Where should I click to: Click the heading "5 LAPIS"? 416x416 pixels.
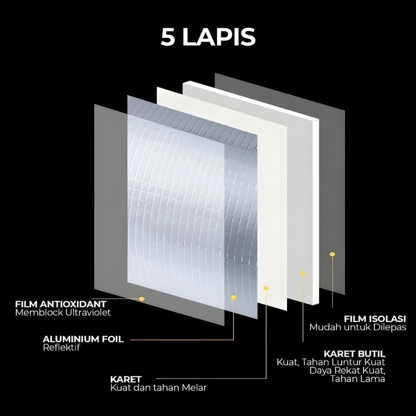(x=207, y=38)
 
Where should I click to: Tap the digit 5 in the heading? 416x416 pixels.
(x=168, y=38)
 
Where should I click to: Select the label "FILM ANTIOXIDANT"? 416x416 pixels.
(x=61, y=304)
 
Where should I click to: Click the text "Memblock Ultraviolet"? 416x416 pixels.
(x=63, y=313)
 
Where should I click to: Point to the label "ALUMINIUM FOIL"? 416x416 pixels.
(x=83, y=339)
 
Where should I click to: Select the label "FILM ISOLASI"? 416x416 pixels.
(x=372, y=318)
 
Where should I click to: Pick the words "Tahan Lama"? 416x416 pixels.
(x=357, y=379)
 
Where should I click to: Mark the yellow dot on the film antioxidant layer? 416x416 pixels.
(x=141, y=298)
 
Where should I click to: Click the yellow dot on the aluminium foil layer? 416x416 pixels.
(x=234, y=297)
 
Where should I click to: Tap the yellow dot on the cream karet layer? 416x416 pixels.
(x=266, y=288)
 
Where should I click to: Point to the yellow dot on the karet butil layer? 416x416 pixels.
(x=303, y=272)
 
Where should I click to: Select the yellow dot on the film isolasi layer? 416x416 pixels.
(x=332, y=254)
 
